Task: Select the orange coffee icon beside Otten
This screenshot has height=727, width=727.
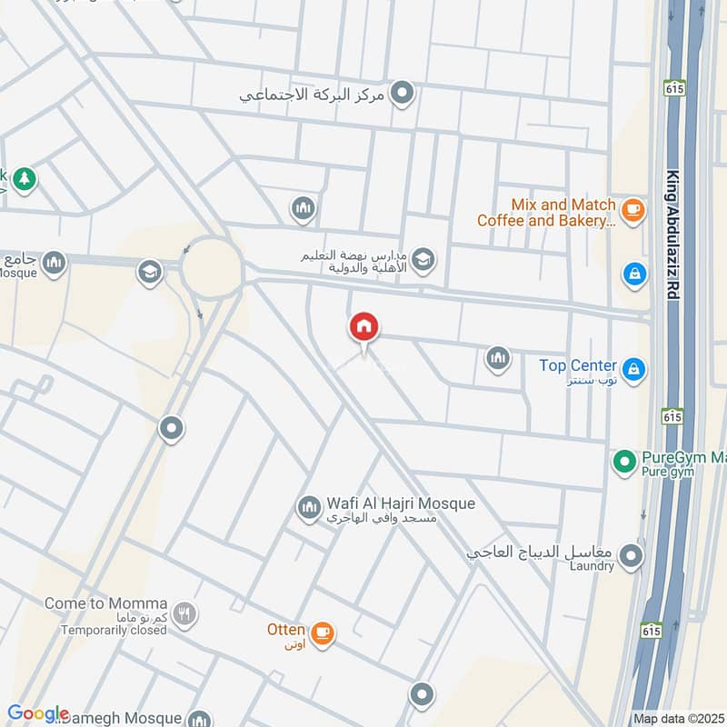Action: click(321, 632)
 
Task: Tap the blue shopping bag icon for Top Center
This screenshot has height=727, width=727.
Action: click(634, 369)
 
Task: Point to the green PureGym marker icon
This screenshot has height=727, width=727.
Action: click(623, 463)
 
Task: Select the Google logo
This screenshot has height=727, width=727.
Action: click(37, 713)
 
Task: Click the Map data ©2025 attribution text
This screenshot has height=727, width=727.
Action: click(678, 719)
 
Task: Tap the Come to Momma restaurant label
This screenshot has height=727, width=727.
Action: click(105, 603)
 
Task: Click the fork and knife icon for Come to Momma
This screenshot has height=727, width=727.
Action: click(184, 614)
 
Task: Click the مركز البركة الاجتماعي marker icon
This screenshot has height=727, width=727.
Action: click(402, 93)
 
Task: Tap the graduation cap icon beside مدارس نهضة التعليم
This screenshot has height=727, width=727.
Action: click(423, 261)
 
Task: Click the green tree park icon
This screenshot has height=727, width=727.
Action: click(25, 179)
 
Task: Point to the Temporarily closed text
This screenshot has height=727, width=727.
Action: click(114, 629)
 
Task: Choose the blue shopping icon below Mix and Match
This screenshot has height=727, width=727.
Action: click(633, 272)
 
